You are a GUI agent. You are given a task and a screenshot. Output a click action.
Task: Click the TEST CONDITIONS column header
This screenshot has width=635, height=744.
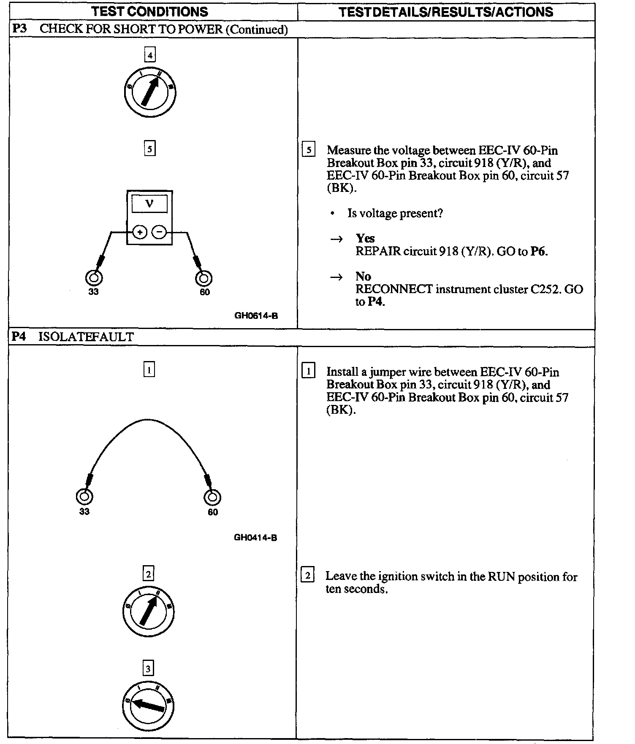pyautogui.click(x=150, y=12)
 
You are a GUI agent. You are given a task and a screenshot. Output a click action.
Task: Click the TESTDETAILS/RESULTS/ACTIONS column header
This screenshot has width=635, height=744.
pyautogui.click(x=446, y=12)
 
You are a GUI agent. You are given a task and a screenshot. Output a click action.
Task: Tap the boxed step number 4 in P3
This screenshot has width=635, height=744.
pyautogui.click(x=149, y=55)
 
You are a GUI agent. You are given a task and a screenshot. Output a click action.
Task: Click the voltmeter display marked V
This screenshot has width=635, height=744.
pyautogui.click(x=149, y=204)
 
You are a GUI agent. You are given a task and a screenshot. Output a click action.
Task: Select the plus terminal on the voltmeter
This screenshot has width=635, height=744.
pyautogui.click(x=140, y=232)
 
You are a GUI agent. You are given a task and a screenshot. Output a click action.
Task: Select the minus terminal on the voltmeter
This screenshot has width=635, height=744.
pyautogui.click(x=159, y=232)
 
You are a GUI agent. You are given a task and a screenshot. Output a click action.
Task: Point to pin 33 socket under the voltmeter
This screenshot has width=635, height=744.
pyautogui.click(x=94, y=278)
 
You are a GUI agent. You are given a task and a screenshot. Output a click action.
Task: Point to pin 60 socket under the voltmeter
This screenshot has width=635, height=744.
pyautogui.click(x=204, y=278)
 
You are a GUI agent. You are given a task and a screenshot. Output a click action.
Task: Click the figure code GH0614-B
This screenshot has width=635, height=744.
pyautogui.click(x=256, y=315)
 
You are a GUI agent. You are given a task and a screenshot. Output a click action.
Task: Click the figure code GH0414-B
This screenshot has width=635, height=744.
pyautogui.click(x=255, y=538)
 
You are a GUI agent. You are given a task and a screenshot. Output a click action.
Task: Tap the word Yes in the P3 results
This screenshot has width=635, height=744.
pyautogui.click(x=365, y=238)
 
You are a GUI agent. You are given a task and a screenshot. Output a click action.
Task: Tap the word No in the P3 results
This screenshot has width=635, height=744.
pyautogui.click(x=363, y=277)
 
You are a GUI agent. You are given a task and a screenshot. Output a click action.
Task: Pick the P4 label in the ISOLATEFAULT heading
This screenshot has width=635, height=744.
pyautogui.click(x=19, y=337)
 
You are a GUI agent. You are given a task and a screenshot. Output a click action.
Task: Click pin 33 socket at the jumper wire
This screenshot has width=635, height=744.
pyautogui.click(x=84, y=496)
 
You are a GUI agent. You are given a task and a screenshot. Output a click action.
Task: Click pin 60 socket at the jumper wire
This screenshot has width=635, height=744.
pyautogui.click(x=212, y=497)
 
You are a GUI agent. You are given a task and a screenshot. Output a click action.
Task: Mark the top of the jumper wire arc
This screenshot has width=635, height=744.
pyautogui.click(x=148, y=420)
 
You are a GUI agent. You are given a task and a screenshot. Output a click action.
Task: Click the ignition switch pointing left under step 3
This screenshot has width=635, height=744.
pyautogui.click(x=148, y=706)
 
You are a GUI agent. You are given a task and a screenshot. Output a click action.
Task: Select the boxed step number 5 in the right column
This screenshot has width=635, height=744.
pyautogui.click(x=309, y=150)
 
